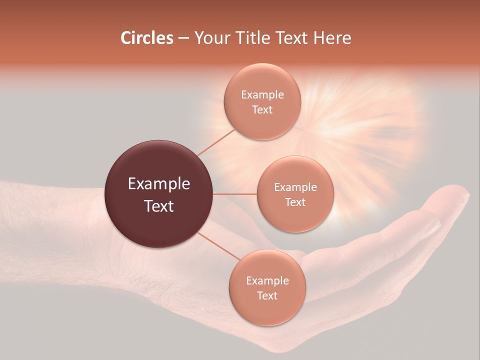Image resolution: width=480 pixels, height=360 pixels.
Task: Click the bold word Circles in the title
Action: pyautogui.click(x=147, y=38)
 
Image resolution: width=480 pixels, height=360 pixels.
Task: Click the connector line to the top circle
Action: pyautogui.click(x=216, y=142)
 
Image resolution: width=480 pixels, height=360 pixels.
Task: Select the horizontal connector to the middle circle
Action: pyautogui.click(x=234, y=194)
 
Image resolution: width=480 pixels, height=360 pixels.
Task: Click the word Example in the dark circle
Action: pyautogui.click(x=158, y=184)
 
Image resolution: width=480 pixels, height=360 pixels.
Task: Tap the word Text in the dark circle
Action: pyautogui.click(x=158, y=206)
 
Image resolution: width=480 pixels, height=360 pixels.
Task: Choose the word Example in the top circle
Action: pyautogui.click(x=262, y=95)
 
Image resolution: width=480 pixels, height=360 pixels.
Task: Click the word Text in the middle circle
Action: pyautogui.click(x=295, y=202)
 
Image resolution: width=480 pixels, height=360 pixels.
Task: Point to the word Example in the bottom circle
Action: pyautogui.click(x=267, y=281)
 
